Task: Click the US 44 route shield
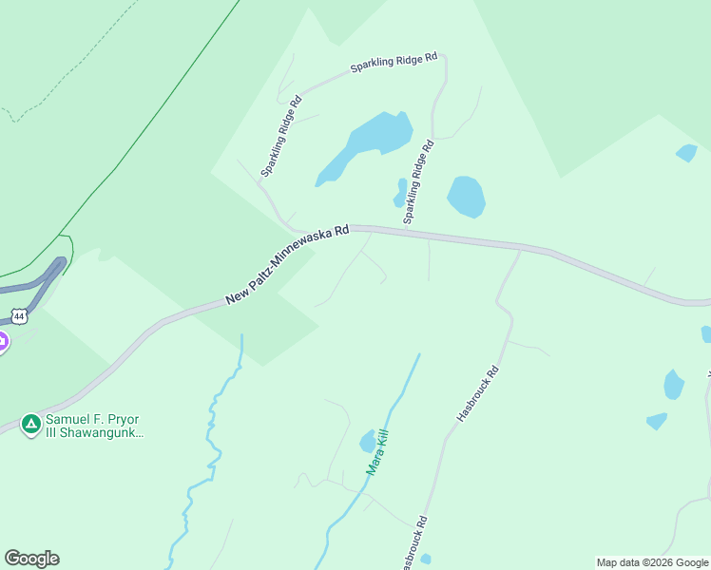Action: coord(18,315)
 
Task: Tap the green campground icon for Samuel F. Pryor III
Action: coord(31,424)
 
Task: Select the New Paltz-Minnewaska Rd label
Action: coord(287,265)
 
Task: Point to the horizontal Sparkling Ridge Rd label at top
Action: coord(393,63)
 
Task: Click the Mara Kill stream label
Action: coord(378,452)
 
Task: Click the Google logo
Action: coord(31,559)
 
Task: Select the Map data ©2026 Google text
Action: coord(652,562)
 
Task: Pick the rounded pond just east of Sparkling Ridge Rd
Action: coord(466,197)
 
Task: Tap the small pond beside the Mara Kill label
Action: coord(368,442)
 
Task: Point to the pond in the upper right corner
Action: coord(686,152)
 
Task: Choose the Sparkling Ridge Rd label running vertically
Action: coord(418,181)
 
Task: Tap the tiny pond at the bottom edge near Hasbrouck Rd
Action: coord(425,559)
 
